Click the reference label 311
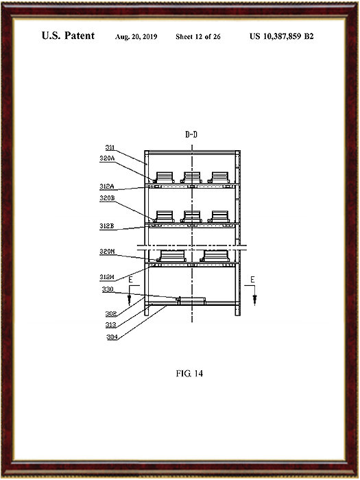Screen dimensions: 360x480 pos(110,148)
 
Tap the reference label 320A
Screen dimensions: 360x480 pos(107,158)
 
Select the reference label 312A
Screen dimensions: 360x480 pos(107,186)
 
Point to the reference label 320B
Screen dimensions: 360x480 pos(107,198)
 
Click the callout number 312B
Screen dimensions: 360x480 pos(107,226)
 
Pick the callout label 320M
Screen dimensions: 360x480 pos(107,252)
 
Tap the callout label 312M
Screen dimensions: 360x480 pos(107,277)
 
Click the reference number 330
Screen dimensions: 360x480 pos(108,289)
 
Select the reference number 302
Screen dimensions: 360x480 pos(111,314)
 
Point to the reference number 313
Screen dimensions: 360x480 pos(111,325)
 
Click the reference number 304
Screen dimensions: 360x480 pos(112,337)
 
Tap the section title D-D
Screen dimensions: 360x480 pos(191,134)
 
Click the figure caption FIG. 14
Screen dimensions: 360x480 pos(189,374)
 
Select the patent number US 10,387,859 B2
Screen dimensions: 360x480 pos(282,36)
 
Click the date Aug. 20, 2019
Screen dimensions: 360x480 pos(136,37)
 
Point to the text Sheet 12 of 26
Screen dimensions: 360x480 pos(198,37)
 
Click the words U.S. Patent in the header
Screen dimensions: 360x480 pos(69,36)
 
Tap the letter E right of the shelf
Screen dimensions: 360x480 pos(252,280)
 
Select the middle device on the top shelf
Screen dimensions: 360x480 pos(192,178)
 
